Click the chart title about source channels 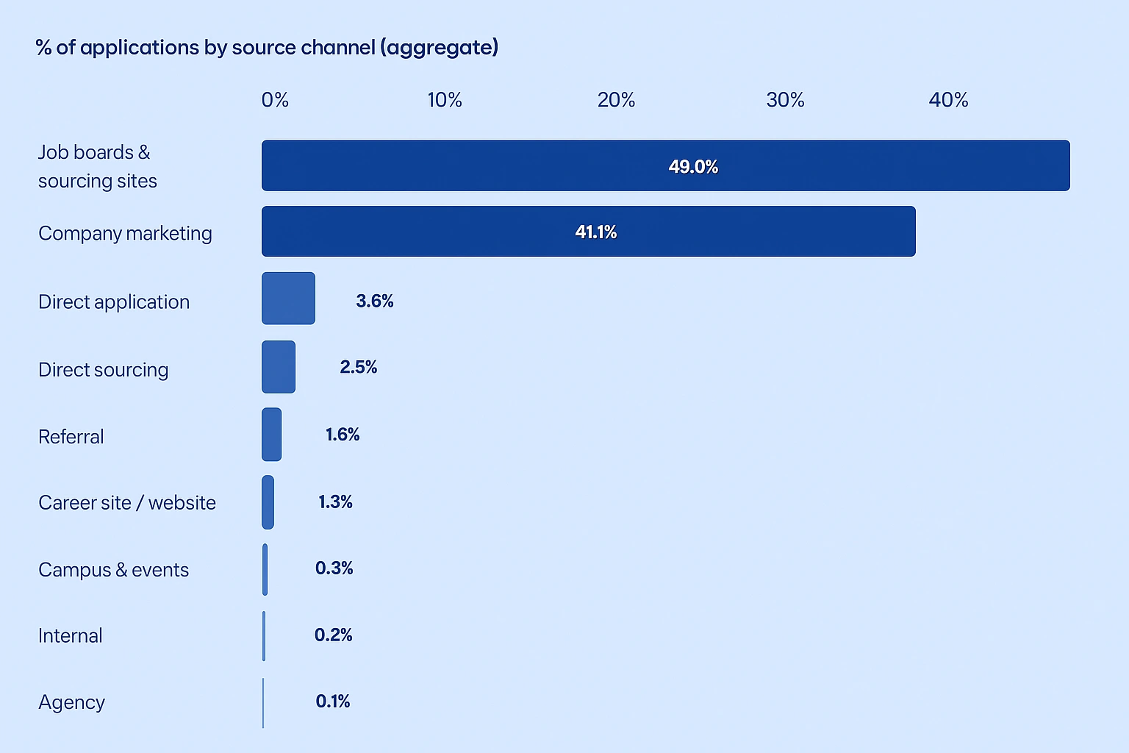point(267,48)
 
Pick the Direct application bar point(288,298)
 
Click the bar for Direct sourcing point(279,366)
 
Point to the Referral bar point(271,435)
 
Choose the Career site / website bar point(268,502)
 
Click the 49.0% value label point(693,167)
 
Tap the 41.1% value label point(595,232)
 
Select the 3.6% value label point(375,301)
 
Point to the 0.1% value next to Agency point(333,702)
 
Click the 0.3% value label point(334,568)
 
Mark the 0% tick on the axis point(275,100)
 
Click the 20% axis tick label point(616,100)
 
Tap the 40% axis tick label point(948,100)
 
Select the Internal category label point(71,635)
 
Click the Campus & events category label point(113,570)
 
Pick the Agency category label point(71,703)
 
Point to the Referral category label point(71,437)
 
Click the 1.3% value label point(335,502)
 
